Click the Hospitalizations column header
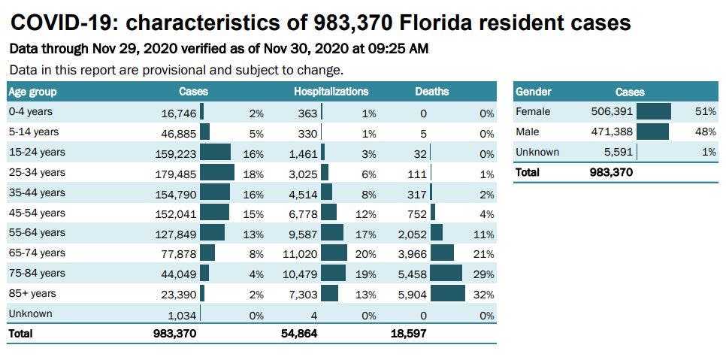pos(331,92)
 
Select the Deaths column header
pos(431,92)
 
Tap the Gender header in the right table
pos(534,92)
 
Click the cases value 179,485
pos(174,173)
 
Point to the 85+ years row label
pos(32,293)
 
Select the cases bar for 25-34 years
pos(217,173)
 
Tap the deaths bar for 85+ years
pos(449,293)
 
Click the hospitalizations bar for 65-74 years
pos(334,253)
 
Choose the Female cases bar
pos(653,112)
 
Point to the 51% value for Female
pos(706,112)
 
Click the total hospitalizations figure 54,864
pos(299,333)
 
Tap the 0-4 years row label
pos(30,112)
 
